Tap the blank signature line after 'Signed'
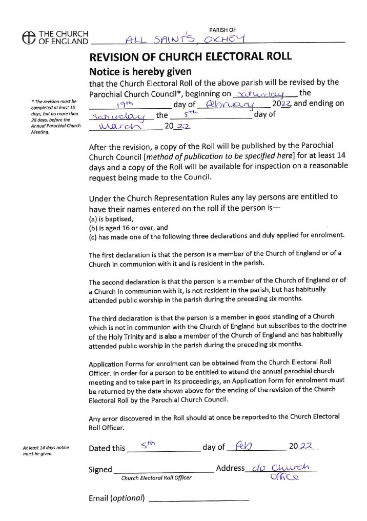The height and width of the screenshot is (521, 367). point(164,470)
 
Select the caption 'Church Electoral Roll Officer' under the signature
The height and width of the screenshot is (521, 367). point(156,478)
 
